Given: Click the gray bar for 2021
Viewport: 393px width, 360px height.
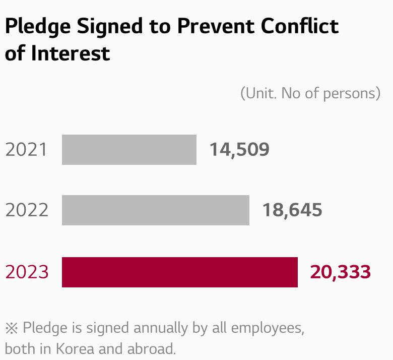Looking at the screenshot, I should tap(129, 149).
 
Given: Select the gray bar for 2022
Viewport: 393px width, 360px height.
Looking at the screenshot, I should tap(155, 210).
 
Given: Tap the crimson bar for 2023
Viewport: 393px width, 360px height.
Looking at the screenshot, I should tap(179, 272).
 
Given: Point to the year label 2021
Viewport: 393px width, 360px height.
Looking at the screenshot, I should tap(27, 150).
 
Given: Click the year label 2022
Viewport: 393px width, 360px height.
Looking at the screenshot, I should tap(27, 210).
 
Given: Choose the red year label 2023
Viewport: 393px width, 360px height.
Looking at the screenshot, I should tap(27, 272).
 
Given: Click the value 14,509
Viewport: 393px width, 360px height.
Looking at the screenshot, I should tap(239, 149).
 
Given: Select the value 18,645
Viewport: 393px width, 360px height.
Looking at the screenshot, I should tap(292, 210).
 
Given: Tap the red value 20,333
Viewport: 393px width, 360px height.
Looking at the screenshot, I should tap(341, 272).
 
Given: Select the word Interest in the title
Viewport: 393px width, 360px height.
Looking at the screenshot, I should tap(71, 53).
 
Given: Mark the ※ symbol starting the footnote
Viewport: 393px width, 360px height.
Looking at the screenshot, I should tap(11, 328).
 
